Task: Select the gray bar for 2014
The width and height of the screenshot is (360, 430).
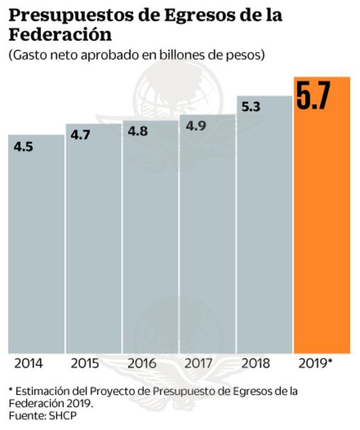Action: coord(36,250)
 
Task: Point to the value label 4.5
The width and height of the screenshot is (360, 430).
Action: coord(23,146)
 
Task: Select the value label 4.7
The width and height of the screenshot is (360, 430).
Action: coord(80,135)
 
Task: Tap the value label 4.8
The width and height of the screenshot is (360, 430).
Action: coord(137,131)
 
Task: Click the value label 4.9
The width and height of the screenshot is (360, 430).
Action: coord(194,126)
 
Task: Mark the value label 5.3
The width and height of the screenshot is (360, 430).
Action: coord(250,107)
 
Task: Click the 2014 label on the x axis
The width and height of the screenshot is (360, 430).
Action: coord(28,363)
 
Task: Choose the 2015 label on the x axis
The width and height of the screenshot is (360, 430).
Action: coord(85,363)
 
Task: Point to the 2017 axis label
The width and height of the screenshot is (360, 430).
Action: coord(199,363)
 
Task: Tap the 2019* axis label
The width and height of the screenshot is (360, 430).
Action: coord(316,363)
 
